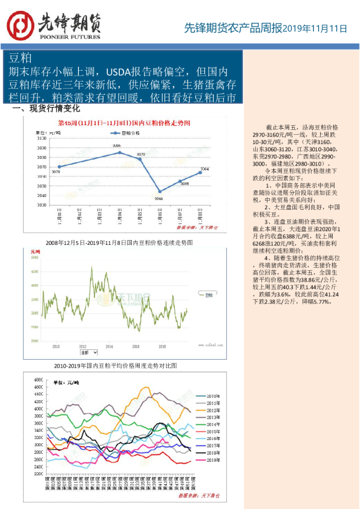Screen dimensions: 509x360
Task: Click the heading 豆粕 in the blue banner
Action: (x=20, y=58)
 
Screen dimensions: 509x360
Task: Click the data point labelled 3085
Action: (x=119, y=152)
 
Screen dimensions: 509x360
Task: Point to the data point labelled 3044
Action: (x=160, y=192)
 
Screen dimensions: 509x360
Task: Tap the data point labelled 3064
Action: (x=200, y=172)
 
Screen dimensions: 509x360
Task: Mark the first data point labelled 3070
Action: (x=59, y=167)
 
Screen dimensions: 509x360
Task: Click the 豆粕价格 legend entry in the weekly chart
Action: (x=125, y=132)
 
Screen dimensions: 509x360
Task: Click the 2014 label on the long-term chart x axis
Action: (x=109, y=346)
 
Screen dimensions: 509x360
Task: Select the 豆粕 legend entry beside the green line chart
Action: (x=209, y=296)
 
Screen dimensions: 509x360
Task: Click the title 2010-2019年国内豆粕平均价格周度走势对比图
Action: (x=116, y=366)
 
